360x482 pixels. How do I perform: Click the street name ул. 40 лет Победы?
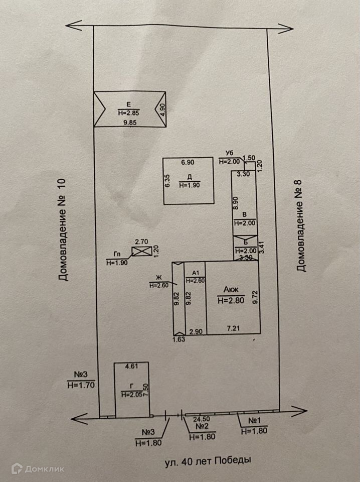[207, 460]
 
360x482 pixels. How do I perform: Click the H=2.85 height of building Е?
[129, 113]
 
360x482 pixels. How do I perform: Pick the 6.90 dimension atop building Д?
[187, 162]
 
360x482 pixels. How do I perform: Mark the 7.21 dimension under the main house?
[234, 329]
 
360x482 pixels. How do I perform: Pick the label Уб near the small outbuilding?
[230, 153]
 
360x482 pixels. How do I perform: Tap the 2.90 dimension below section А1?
[196, 332]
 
